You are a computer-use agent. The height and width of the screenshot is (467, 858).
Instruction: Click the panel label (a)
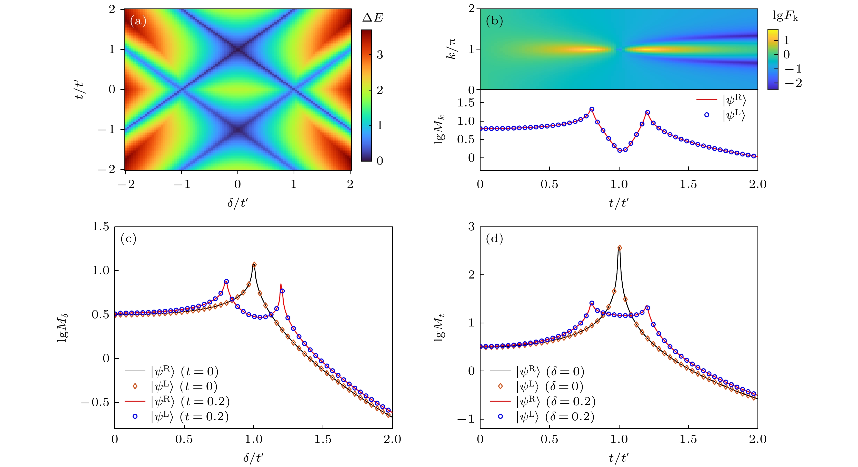(x=138, y=21)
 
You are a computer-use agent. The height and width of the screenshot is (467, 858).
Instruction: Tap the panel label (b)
(x=494, y=21)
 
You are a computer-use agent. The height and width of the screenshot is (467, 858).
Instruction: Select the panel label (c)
(x=128, y=239)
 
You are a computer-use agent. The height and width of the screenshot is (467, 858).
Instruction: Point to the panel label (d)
(x=494, y=239)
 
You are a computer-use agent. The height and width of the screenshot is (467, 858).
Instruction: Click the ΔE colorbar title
(x=373, y=17)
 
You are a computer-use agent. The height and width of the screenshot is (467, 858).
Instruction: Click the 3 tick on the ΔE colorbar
(x=380, y=55)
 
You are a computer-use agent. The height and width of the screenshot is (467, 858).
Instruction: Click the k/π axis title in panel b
(x=452, y=49)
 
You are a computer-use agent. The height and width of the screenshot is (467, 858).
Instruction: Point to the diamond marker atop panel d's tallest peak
(x=620, y=248)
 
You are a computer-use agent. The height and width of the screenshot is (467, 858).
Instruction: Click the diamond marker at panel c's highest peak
(x=254, y=265)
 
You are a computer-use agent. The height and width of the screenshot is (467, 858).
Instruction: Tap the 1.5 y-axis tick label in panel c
(x=101, y=227)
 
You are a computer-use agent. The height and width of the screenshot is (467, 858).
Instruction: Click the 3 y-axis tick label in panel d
(x=471, y=227)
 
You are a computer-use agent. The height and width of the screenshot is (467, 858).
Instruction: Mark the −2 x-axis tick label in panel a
(x=126, y=184)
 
